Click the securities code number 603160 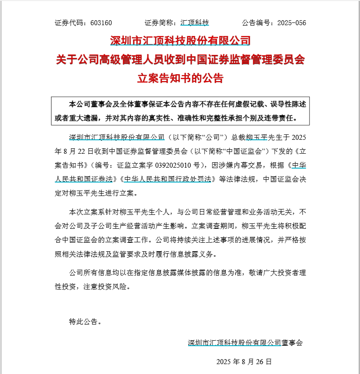coord(101,22)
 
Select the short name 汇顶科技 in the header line coord(194,22)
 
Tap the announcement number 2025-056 coord(292,22)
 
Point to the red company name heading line coord(180,41)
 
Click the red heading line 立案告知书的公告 coord(180,78)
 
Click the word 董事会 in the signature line coord(292,343)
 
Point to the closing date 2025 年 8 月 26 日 coord(244,361)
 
